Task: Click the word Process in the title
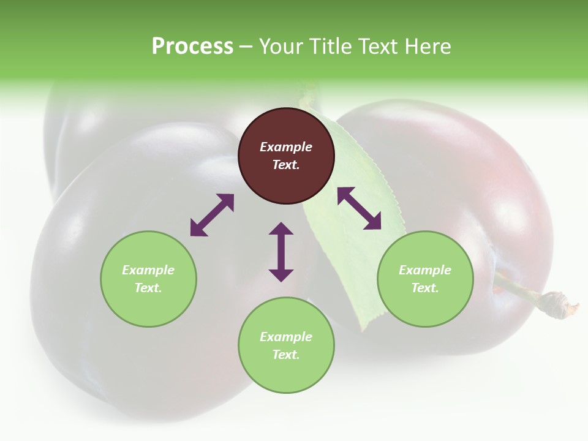(x=192, y=47)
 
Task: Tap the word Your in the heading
(x=280, y=47)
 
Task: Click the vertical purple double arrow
(x=281, y=252)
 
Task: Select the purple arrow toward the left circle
(x=212, y=215)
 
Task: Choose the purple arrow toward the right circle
(x=359, y=208)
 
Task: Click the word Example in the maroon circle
(x=286, y=147)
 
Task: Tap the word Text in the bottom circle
(x=285, y=355)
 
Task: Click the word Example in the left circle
(x=148, y=270)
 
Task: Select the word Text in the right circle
(x=424, y=288)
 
